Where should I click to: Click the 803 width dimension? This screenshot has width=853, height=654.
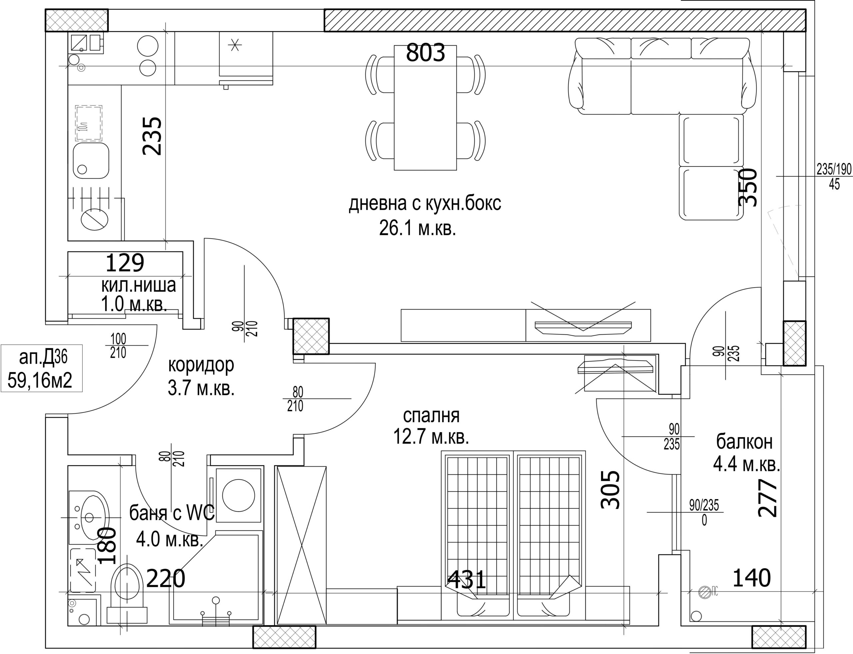click(425, 53)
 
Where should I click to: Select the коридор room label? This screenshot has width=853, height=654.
click(201, 365)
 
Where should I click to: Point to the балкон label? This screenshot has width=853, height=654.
click(744, 441)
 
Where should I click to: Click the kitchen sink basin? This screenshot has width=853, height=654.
click(91, 160)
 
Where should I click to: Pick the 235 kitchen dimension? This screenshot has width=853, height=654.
click(152, 136)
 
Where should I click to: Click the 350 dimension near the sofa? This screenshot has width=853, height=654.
click(748, 187)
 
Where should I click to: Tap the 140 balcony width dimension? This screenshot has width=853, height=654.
click(751, 578)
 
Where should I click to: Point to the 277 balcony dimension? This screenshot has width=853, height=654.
click(767, 498)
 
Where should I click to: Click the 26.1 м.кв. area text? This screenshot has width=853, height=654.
click(418, 229)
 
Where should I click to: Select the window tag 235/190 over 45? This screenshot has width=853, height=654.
click(834, 176)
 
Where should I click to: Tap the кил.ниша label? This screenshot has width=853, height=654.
click(139, 285)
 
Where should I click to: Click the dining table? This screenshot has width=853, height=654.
click(425, 108)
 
